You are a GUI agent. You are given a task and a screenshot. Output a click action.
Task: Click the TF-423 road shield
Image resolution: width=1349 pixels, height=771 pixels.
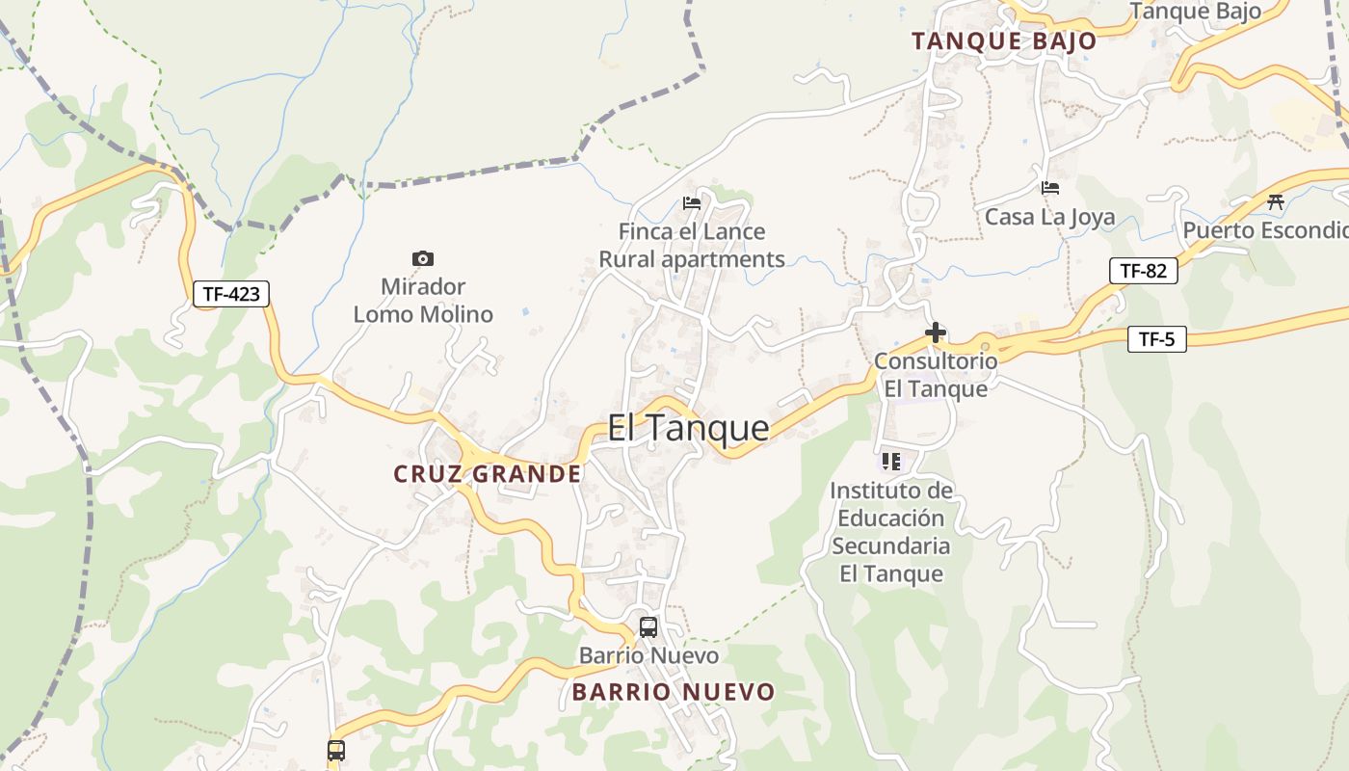coord(231,294)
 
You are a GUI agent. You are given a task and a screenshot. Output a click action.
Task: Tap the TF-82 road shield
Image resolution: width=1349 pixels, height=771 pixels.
coord(1143,271)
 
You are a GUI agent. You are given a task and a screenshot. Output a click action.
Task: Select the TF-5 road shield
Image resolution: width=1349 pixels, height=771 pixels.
coord(1156,339)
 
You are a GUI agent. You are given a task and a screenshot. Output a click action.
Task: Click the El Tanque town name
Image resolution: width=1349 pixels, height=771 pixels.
coord(688,428)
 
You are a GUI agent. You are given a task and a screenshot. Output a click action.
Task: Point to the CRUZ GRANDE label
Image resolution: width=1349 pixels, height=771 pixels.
coord(488,474)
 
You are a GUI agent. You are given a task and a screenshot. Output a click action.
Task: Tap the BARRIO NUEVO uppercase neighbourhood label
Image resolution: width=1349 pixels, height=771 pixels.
coord(673,692)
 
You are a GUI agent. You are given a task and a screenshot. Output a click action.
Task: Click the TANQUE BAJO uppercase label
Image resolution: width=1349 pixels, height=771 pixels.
coord(1004,41)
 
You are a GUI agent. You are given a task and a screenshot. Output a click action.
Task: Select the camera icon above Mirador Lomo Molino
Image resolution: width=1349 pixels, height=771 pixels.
coord(422,258)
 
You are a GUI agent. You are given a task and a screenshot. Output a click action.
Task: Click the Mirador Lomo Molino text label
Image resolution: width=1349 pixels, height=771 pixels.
coord(423,301)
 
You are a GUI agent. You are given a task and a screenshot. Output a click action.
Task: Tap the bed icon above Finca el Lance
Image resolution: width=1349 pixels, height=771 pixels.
coord(692,203)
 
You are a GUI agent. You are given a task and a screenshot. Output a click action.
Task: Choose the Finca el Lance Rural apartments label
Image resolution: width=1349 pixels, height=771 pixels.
coord(692,246)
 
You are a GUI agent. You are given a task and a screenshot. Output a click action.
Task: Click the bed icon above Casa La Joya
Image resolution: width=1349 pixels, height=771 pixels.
coord(1050,188)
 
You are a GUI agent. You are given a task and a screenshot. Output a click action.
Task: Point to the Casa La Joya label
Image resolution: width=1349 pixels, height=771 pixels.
coord(1049,218)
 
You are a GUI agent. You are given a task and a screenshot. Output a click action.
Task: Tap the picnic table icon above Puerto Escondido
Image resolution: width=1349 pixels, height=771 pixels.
coord(1276,201)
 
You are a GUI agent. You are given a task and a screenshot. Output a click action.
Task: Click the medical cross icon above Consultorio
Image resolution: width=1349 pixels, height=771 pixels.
coord(935,333)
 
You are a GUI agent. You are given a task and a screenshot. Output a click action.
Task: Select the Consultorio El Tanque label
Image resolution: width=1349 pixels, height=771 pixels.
coord(936,375)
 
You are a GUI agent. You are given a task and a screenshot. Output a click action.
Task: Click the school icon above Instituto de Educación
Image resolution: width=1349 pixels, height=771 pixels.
coord(891,462)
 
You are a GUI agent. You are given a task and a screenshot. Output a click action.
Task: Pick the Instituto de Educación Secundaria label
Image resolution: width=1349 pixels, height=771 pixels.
coord(891,532)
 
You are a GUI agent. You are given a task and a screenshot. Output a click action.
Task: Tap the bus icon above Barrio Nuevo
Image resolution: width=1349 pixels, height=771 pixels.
coord(648,627)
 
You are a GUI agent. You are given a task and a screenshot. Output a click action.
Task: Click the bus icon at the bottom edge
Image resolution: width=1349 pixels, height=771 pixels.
coord(335,751)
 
